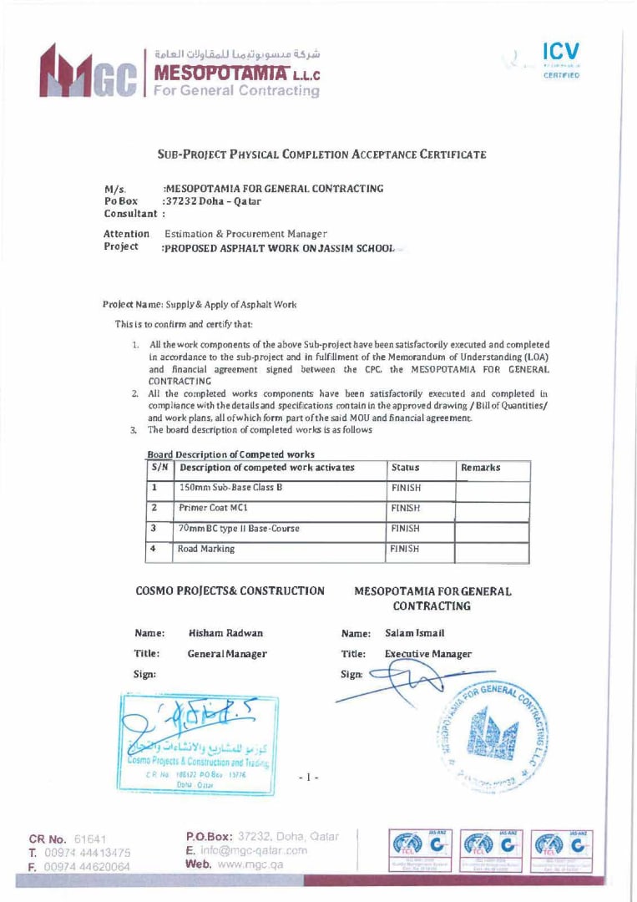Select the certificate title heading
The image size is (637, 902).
321,155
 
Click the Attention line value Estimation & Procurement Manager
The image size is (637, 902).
245,234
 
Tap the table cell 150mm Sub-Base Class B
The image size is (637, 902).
225,487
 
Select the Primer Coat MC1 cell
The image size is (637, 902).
213,508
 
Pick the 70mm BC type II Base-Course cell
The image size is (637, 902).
239,529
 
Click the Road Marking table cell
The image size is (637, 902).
206,550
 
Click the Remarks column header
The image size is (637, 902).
480,468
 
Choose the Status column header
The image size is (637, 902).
405,468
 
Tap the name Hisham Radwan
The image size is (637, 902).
220,634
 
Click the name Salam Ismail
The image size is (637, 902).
415,634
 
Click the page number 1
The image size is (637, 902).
310,777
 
